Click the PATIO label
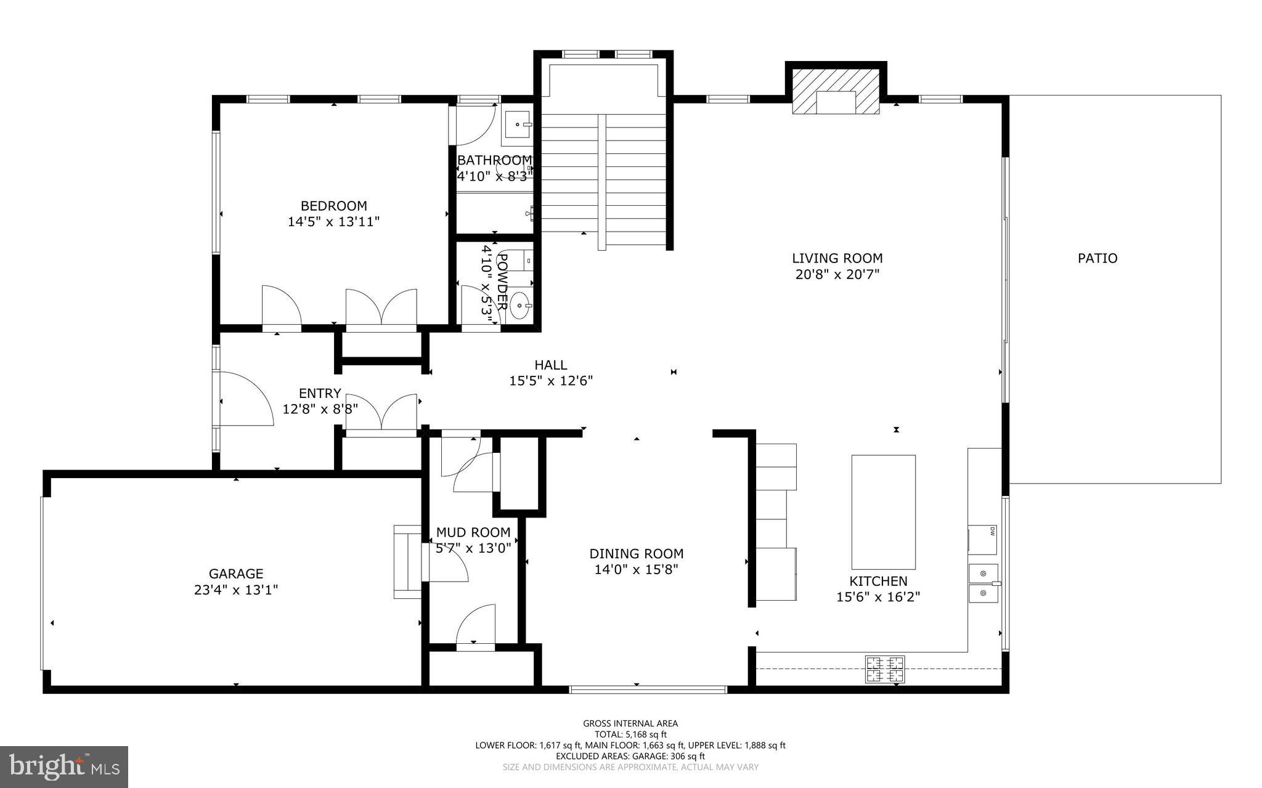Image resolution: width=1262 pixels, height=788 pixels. (1097, 258)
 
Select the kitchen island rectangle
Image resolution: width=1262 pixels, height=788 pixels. (883, 511)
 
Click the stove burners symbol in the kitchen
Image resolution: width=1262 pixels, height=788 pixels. (885, 668)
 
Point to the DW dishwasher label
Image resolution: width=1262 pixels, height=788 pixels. (992, 530)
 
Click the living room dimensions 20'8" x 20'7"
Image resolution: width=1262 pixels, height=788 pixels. (837, 274)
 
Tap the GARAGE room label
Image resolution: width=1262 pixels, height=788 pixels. (235, 574)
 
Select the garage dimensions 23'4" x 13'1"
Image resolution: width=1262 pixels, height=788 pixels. (235, 590)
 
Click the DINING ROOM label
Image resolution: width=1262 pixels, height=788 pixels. (636, 553)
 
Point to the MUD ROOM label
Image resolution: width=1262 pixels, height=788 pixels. (473, 532)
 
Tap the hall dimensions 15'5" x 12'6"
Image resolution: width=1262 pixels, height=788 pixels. (550, 381)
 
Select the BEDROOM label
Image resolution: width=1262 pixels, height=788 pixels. (333, 206)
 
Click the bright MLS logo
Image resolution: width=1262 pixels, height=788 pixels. (64, 766)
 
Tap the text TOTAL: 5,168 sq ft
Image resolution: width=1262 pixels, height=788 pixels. (630, 734)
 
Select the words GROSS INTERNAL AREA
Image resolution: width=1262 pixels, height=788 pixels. (630, 723)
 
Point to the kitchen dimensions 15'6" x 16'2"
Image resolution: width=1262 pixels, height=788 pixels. (877, 596)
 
